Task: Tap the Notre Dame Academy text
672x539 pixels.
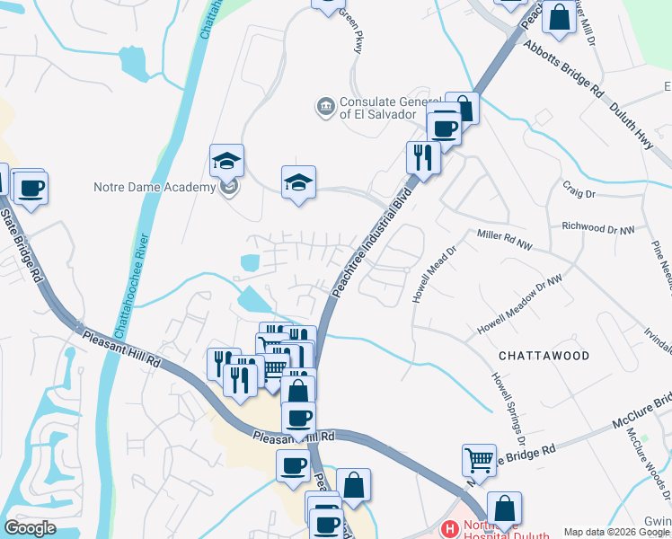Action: (155, 187)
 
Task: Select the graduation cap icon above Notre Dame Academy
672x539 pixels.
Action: (226, 162)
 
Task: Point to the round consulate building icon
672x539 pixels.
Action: (325, 107)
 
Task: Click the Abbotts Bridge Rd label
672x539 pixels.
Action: (562, 69)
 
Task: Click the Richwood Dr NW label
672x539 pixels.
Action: (597, 229)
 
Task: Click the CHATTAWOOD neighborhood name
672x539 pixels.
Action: (543, 356)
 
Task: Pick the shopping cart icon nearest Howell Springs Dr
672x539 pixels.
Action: (479, 460)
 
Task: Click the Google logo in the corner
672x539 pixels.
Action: (30, 527)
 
